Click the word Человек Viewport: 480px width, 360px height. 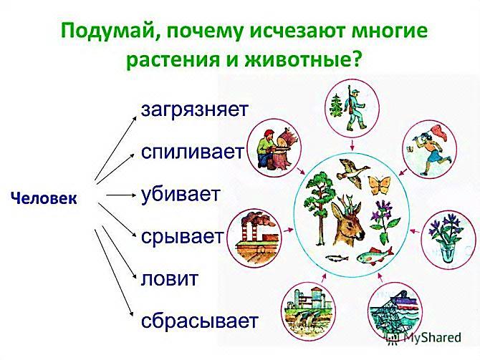(x=44, y=199)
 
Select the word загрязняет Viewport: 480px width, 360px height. (x=194, y=110)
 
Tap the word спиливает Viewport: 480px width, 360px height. (x=193, y=152)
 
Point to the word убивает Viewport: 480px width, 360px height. (x=181, y=194)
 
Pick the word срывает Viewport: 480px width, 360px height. (x=183, y=237)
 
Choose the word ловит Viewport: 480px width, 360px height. (x=170, y=278)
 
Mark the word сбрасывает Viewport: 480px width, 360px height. (x=200, y=321)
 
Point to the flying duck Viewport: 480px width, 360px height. (x=352, y=172)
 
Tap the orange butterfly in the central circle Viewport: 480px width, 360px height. (x=379, y=185)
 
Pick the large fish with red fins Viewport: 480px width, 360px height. (x=375, y=255)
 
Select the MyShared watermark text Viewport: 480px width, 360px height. (x=432, y=337)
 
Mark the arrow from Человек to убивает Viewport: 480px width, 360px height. (x=120, y=195)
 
